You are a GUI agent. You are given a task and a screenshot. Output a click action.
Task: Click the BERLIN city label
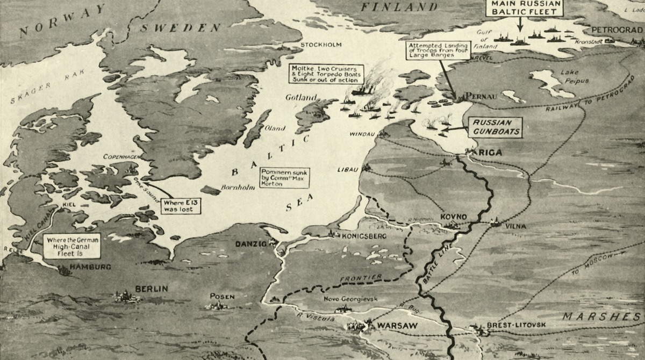[151, 289]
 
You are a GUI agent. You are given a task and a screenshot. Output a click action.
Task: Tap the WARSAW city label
[395, 326]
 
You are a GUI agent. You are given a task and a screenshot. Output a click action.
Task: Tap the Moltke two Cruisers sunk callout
[326, 74]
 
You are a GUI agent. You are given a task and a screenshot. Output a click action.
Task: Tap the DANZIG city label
[251, 244]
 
